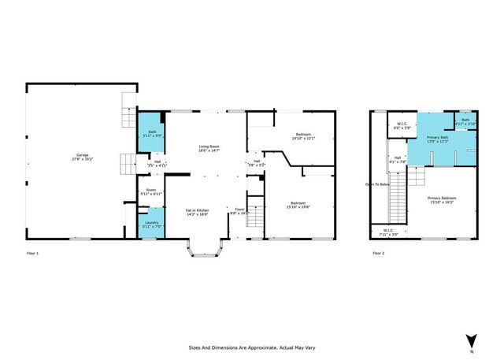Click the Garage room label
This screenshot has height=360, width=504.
point(82,156)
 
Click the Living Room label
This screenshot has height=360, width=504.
point(208,150)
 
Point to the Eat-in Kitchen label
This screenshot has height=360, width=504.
point(197,212)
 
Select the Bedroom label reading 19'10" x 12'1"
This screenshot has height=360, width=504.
point(303,136)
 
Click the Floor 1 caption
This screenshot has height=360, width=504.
point(32,254)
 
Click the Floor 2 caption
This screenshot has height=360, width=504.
point(379,254)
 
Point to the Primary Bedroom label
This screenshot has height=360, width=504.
point(442,200)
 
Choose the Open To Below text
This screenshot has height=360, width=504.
point(377,186)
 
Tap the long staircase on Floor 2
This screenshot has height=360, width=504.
point(399,197)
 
